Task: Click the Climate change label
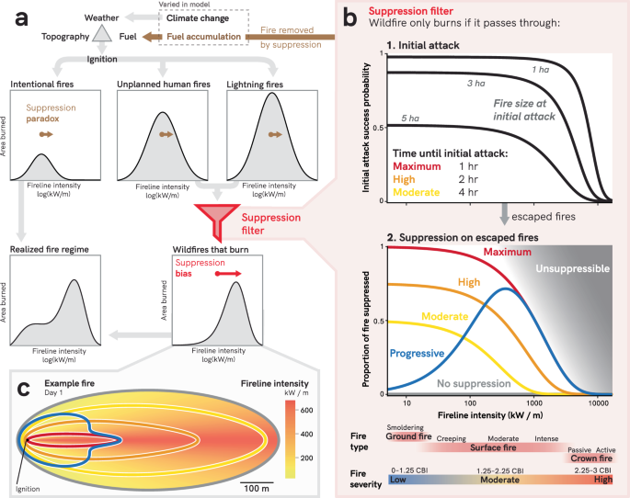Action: point(203,17)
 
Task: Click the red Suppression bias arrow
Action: point(234,273)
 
